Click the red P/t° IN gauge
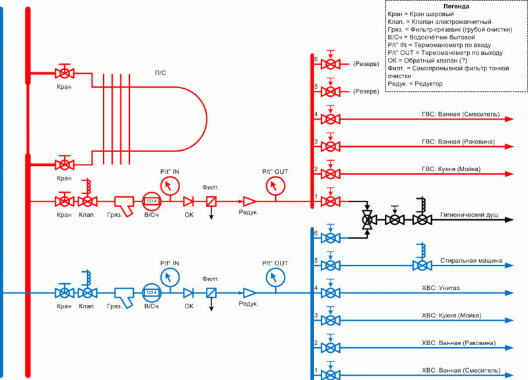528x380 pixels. click(170, 184)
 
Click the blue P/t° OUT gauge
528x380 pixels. click(273, 277)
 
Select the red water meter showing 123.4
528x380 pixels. click(152, 202)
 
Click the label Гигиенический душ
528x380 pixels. click(469, 215)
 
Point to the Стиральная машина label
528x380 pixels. click(472, 261)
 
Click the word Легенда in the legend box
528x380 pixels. click(456, 6)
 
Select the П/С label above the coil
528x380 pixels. click(160, 72)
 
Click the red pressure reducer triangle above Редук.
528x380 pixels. click(249, 202)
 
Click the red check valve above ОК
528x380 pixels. click(188, 202)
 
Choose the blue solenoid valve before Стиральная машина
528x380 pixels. click(420, 265)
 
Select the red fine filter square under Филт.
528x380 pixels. click(212, 202)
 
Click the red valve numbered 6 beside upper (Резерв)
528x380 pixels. click(330, 64)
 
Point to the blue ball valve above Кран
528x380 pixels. click(64, 292)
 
